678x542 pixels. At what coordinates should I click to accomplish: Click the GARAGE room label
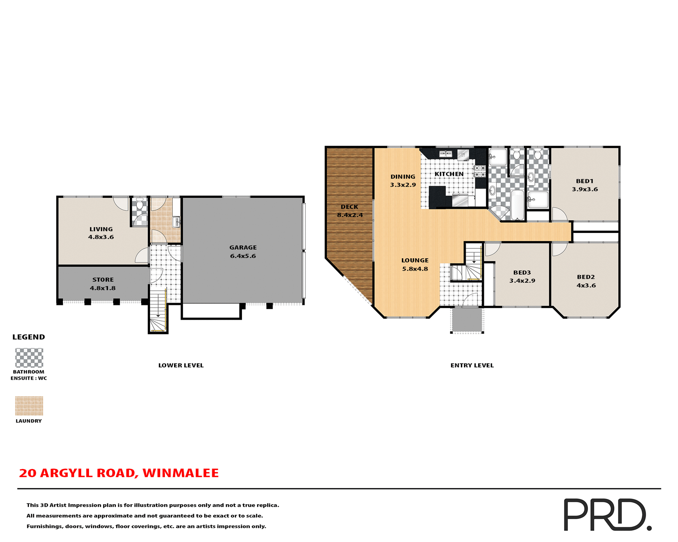tap(243, 247)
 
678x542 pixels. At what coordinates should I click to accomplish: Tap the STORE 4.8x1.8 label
tap(103, 284)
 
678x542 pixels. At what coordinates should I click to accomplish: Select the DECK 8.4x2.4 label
tap(350, 211)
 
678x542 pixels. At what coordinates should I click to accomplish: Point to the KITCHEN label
tap(449, 174)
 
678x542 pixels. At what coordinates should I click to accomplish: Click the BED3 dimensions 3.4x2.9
tap(522, 281)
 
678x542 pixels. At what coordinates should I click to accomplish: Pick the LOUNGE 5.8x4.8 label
tap(415, 265)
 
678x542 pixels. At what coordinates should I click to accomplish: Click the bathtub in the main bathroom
tap(517, 205)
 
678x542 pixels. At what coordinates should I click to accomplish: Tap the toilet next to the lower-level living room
tap(139, 204)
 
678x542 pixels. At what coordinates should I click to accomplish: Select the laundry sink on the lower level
tap(176, 222)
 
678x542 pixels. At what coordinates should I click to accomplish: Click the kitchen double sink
tap(446, 153)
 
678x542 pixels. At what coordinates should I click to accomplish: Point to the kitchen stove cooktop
tap(480, 171)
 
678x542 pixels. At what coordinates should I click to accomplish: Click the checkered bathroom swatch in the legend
tap(29, 358)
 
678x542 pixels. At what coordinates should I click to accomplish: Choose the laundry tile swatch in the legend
tap(29, 405)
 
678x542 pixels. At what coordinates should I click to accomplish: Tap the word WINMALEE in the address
tap(180, 473)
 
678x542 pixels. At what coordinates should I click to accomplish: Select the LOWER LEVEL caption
tap(181, 365)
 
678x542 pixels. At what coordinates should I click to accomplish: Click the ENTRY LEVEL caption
tap(472, 365)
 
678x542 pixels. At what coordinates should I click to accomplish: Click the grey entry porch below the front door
tap(467, 320)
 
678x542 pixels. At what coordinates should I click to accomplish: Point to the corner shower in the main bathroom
tap(499, 213)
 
